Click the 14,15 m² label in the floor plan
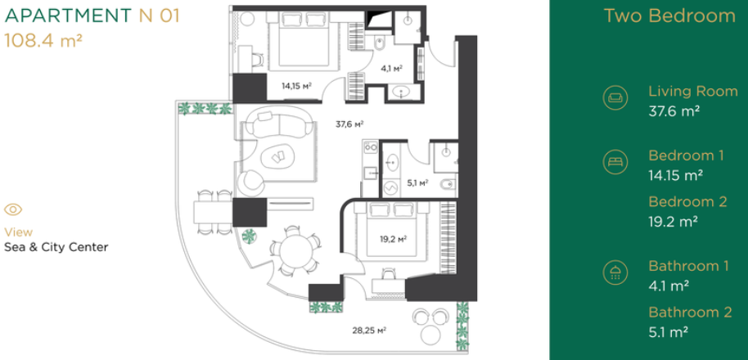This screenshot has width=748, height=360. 296,86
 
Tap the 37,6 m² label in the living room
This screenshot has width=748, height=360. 349,124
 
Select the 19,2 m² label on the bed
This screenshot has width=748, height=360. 393,238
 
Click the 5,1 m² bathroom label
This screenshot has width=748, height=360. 417,182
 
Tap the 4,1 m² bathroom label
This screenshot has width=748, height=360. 392,68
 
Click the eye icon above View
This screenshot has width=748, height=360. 13,209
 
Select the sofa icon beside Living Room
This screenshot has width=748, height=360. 615,97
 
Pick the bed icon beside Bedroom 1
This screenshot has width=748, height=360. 615,162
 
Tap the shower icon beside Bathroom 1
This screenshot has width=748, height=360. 615,272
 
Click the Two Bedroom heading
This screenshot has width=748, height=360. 669,16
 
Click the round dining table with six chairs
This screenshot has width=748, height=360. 295,253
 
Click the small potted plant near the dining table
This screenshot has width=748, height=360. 249,236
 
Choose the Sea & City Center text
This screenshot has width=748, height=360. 56,247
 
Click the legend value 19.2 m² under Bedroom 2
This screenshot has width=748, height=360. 674,222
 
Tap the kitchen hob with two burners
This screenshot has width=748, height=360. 371,146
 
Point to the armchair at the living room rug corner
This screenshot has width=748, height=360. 252,183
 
